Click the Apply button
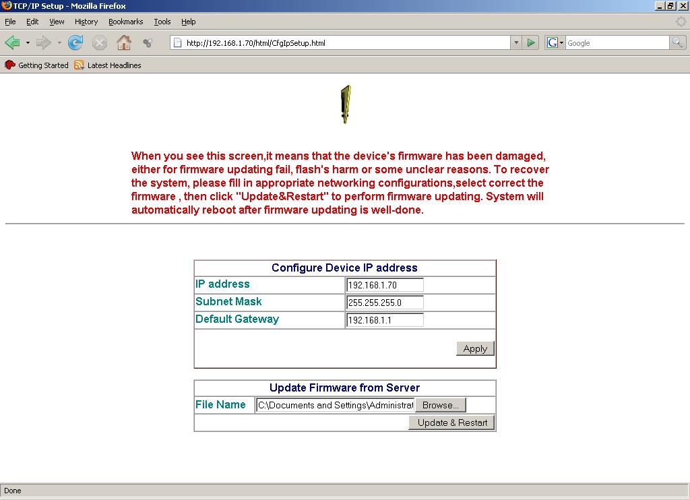coord(475,348)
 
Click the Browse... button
coord(440,405)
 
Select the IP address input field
coord(385,285)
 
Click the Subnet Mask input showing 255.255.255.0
coord(385,303)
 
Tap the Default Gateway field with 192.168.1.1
coord(385,320)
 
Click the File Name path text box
coord(335,405)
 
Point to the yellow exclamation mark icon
coord(346,104)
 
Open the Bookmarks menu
coord(125,22)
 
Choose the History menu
coord(86,22)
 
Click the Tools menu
coord(162,22)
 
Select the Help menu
coord(189,22)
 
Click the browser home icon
coord(123,43)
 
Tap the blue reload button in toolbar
coord(75,43)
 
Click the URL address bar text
coord(337,43)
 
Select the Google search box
coord(616,43)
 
